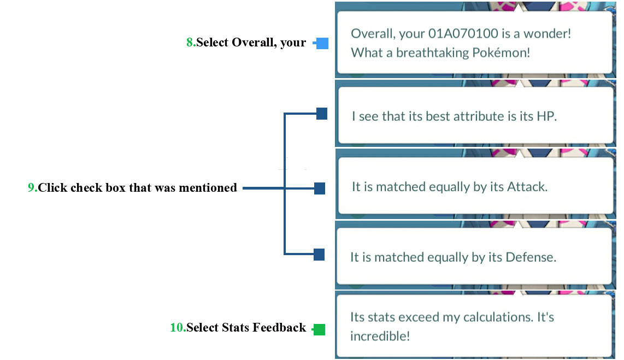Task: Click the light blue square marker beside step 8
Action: (322, 43)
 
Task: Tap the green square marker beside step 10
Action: (319, 329)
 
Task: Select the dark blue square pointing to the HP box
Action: (321, 114)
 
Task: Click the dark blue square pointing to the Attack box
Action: (320, 188)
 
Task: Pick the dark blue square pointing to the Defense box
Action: (319, 255)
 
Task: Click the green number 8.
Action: (190, 42)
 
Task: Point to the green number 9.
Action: (31, 187)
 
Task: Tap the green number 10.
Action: (176, 327)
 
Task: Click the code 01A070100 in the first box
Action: (463, 33)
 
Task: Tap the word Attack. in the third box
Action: (527, 187)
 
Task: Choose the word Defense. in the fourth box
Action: (531, 257)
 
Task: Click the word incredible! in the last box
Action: (380, 336)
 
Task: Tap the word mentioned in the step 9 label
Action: (208, 187)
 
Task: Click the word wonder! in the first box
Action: (547, 33)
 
